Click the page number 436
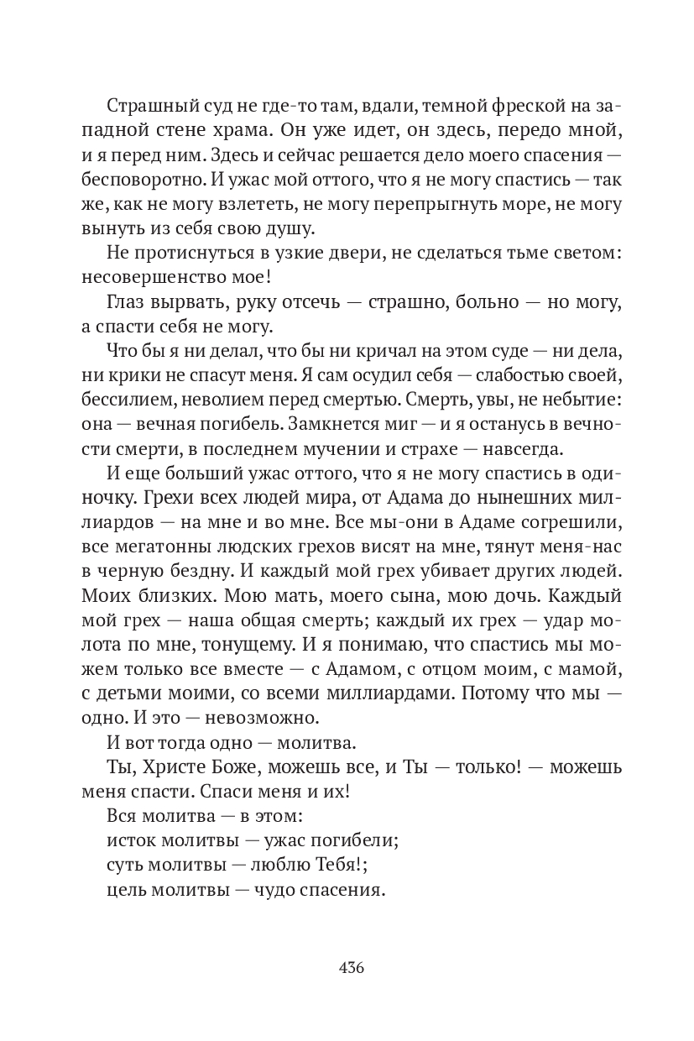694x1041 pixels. tap(351, 966)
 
